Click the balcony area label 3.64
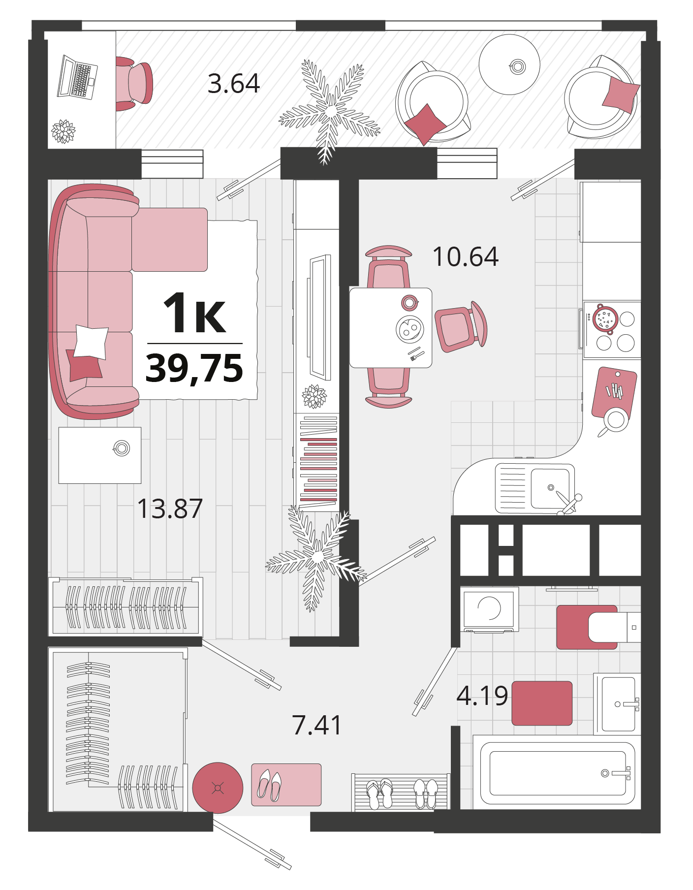(234, 84)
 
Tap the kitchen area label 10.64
(465, 256)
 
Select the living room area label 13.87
(170, 509)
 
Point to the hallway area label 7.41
(317, 725)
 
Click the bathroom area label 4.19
(482, 696)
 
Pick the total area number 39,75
(194, 368)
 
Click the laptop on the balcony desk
(77, 78)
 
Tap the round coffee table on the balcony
(509, 64)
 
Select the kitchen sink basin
(550, 488)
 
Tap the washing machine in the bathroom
(490, 609)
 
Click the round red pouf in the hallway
(218, 788)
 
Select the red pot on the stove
(605, 319)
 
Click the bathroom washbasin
(619, 704)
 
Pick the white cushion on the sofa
(91, 342)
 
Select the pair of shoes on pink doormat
(270, 785)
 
